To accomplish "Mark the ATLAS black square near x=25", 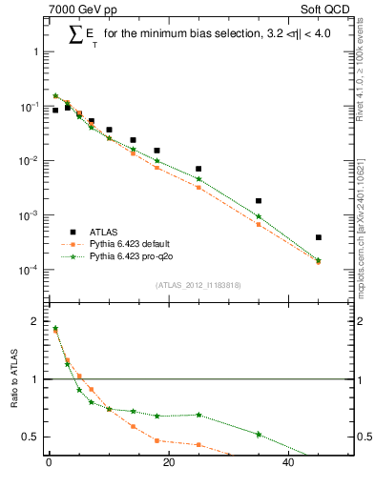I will click(198, 169).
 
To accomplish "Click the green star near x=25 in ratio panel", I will click(198, 415).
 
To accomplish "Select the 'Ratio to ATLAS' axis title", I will click(12, 379).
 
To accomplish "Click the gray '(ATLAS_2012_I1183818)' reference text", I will click(196, 285).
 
